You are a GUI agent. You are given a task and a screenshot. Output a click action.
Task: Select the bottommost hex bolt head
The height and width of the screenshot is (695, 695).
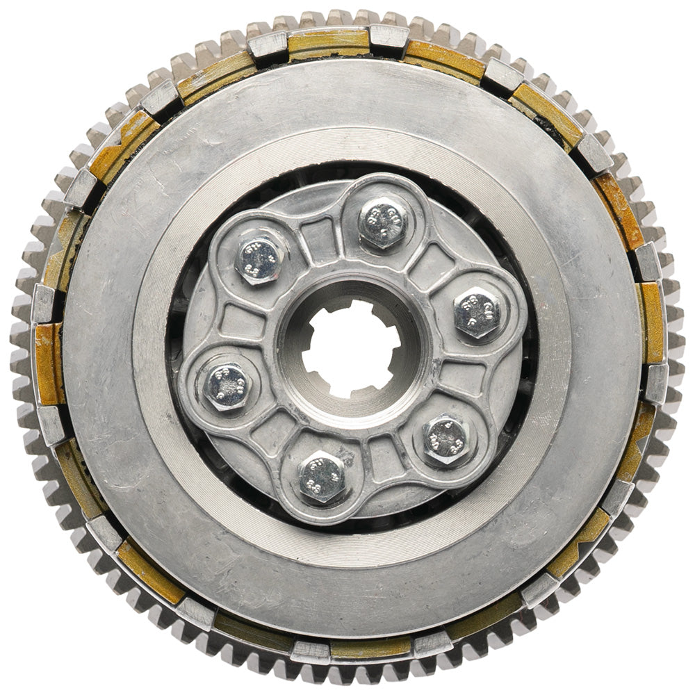click(x=321, y=478)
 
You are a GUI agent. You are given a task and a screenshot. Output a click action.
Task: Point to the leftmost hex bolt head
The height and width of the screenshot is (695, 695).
click(x=227, y=386)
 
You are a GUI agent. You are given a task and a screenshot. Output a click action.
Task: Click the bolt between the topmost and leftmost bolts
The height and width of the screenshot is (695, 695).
click(x=259, y=260)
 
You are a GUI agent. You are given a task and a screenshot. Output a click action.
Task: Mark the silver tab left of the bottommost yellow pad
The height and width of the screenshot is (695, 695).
click(x=309, y=651)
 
